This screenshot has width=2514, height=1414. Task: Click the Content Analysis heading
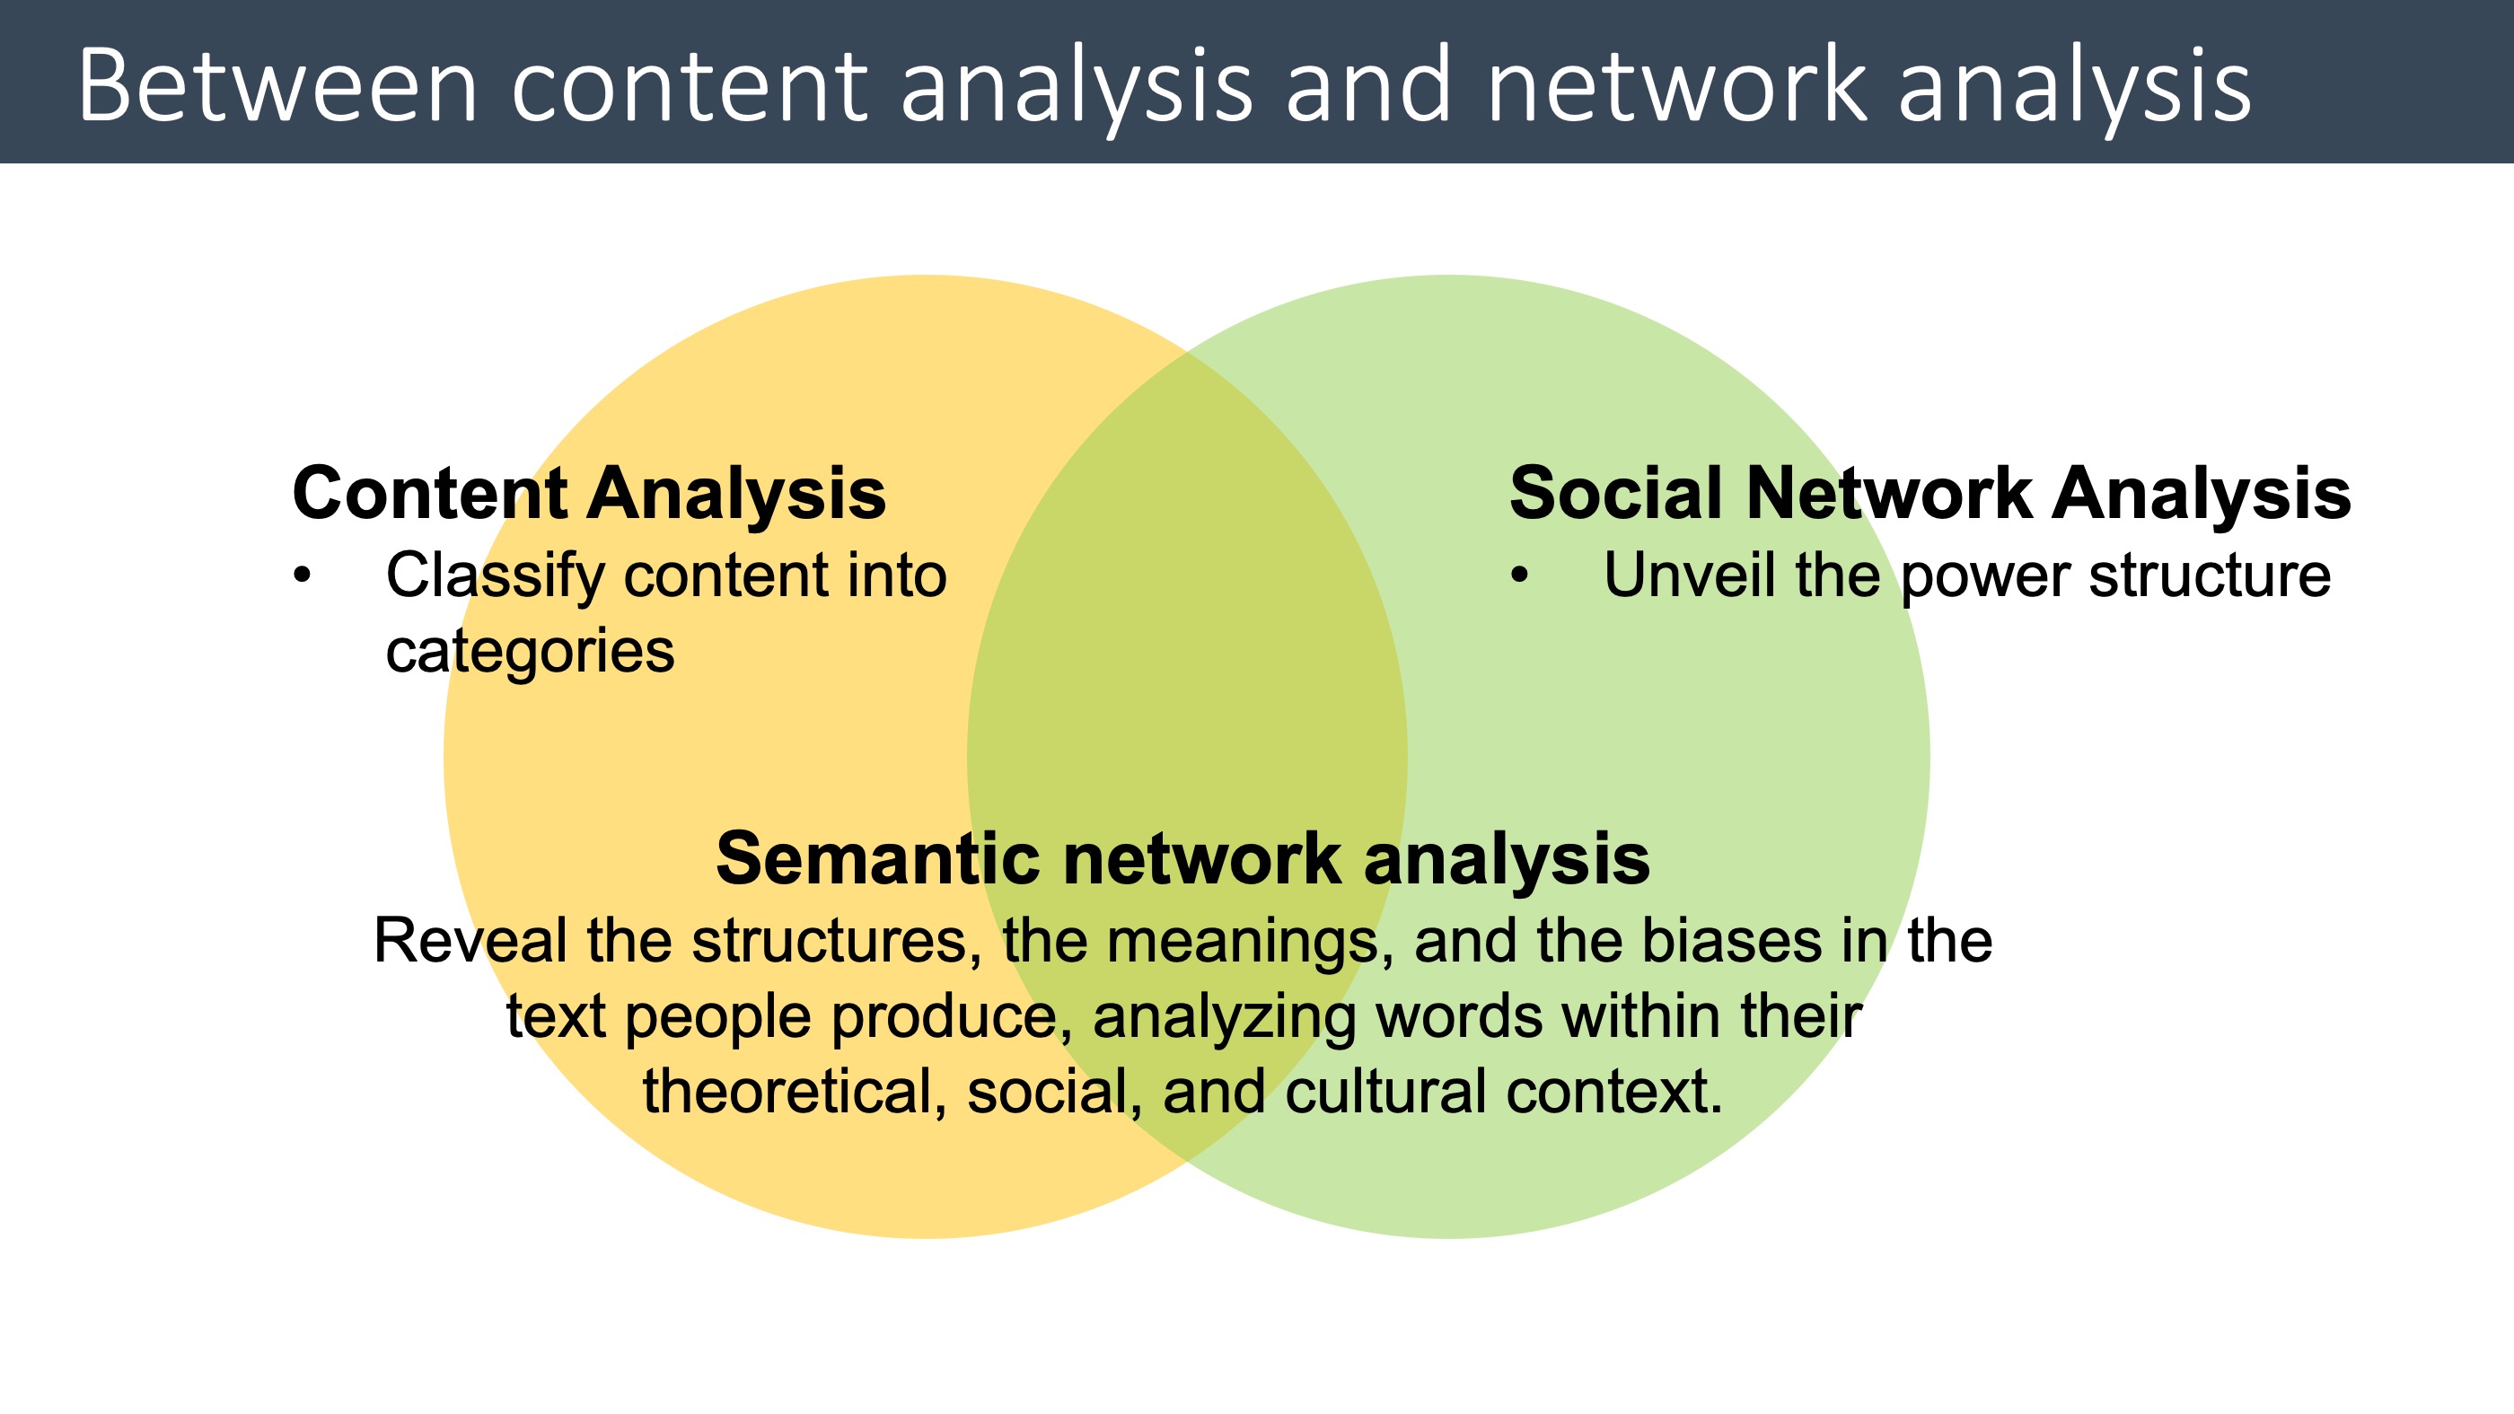pyautogui.click(x=588, y=494)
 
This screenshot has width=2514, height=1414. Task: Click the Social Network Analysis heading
pyautogui.click(x=1929, y=494)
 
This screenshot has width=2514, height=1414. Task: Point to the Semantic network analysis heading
pyautogui.click(x=1182, y=860)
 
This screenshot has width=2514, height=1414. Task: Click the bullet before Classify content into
pyautogui.click(x=303, y=575)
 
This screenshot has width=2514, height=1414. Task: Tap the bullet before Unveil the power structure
pyautogui.click(x=1519, y=575)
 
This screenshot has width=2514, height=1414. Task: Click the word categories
pyautogui.click(x=530, y=652)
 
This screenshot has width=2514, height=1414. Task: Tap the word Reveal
pyautogui.click(x=470, y=942)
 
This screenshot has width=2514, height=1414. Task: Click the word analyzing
pyautogui.click(x=1224, y=1018)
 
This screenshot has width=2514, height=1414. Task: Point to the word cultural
pyautogui.click(x=1385, y=1092)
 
